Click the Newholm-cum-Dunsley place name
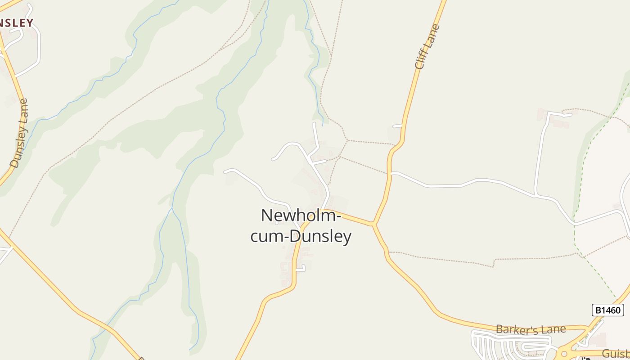(x=301, y=225)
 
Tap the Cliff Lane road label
(x=427, y=47)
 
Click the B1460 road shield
(x=607, y=310)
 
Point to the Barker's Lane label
(x=531, y=329)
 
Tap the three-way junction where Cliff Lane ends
(x=373, y=223)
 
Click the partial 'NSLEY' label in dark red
(x=16, y=23)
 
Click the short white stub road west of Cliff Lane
(x=397, y=126)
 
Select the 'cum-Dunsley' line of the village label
(x=301, y=236)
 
